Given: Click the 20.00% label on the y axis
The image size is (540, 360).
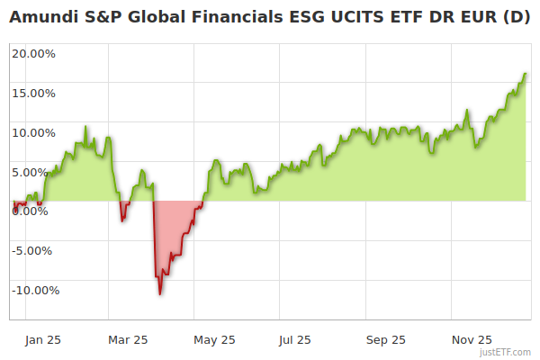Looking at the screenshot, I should pos(34,53).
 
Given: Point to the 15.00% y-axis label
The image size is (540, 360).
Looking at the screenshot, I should pos(34,93).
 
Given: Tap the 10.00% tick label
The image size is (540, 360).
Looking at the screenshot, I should pos(34,132).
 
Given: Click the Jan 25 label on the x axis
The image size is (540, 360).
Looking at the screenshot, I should pos(42,340).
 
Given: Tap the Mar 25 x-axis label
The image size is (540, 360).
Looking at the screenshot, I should pos(128,340).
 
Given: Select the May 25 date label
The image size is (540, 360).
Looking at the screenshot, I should pos(214,340).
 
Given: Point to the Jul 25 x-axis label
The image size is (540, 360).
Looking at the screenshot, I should pos(294,340).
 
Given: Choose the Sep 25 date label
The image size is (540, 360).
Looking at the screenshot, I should pos(386,340).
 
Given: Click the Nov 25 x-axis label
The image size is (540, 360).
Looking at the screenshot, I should pos(472,340).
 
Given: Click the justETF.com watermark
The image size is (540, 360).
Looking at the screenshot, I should pos(506,352).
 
